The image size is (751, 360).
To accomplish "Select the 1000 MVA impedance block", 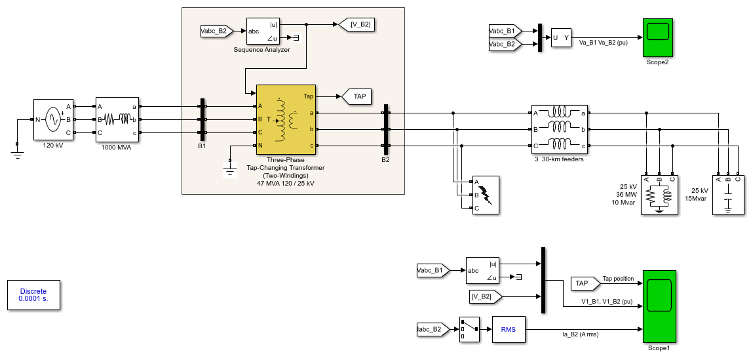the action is tap(117, 119).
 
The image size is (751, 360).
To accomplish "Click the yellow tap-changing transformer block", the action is tap(286, 119).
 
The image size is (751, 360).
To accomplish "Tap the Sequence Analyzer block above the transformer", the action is tap(262, 31).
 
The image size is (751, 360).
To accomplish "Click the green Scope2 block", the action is tap(657, 37).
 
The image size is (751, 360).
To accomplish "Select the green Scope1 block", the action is tap(659, 306).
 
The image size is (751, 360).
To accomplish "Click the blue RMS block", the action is tap(509, 329).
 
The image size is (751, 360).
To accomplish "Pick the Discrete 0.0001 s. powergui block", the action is tap(33, 295).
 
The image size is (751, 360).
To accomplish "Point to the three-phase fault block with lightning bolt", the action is tap(486, 195).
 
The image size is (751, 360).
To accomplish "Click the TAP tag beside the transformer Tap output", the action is tap(356, 96).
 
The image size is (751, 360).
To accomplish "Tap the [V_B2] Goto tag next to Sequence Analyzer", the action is tap(356, 24).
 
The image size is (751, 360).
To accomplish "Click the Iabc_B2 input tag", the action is tap(433, 329).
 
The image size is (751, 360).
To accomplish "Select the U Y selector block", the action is tap(561, 37).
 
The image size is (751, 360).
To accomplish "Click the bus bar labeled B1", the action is tap(202, 119).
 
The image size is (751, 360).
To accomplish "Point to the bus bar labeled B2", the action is tap(385, 129).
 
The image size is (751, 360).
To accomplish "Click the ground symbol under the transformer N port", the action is tap(231, 170).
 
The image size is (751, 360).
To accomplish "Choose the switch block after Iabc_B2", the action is tap(469, 329).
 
